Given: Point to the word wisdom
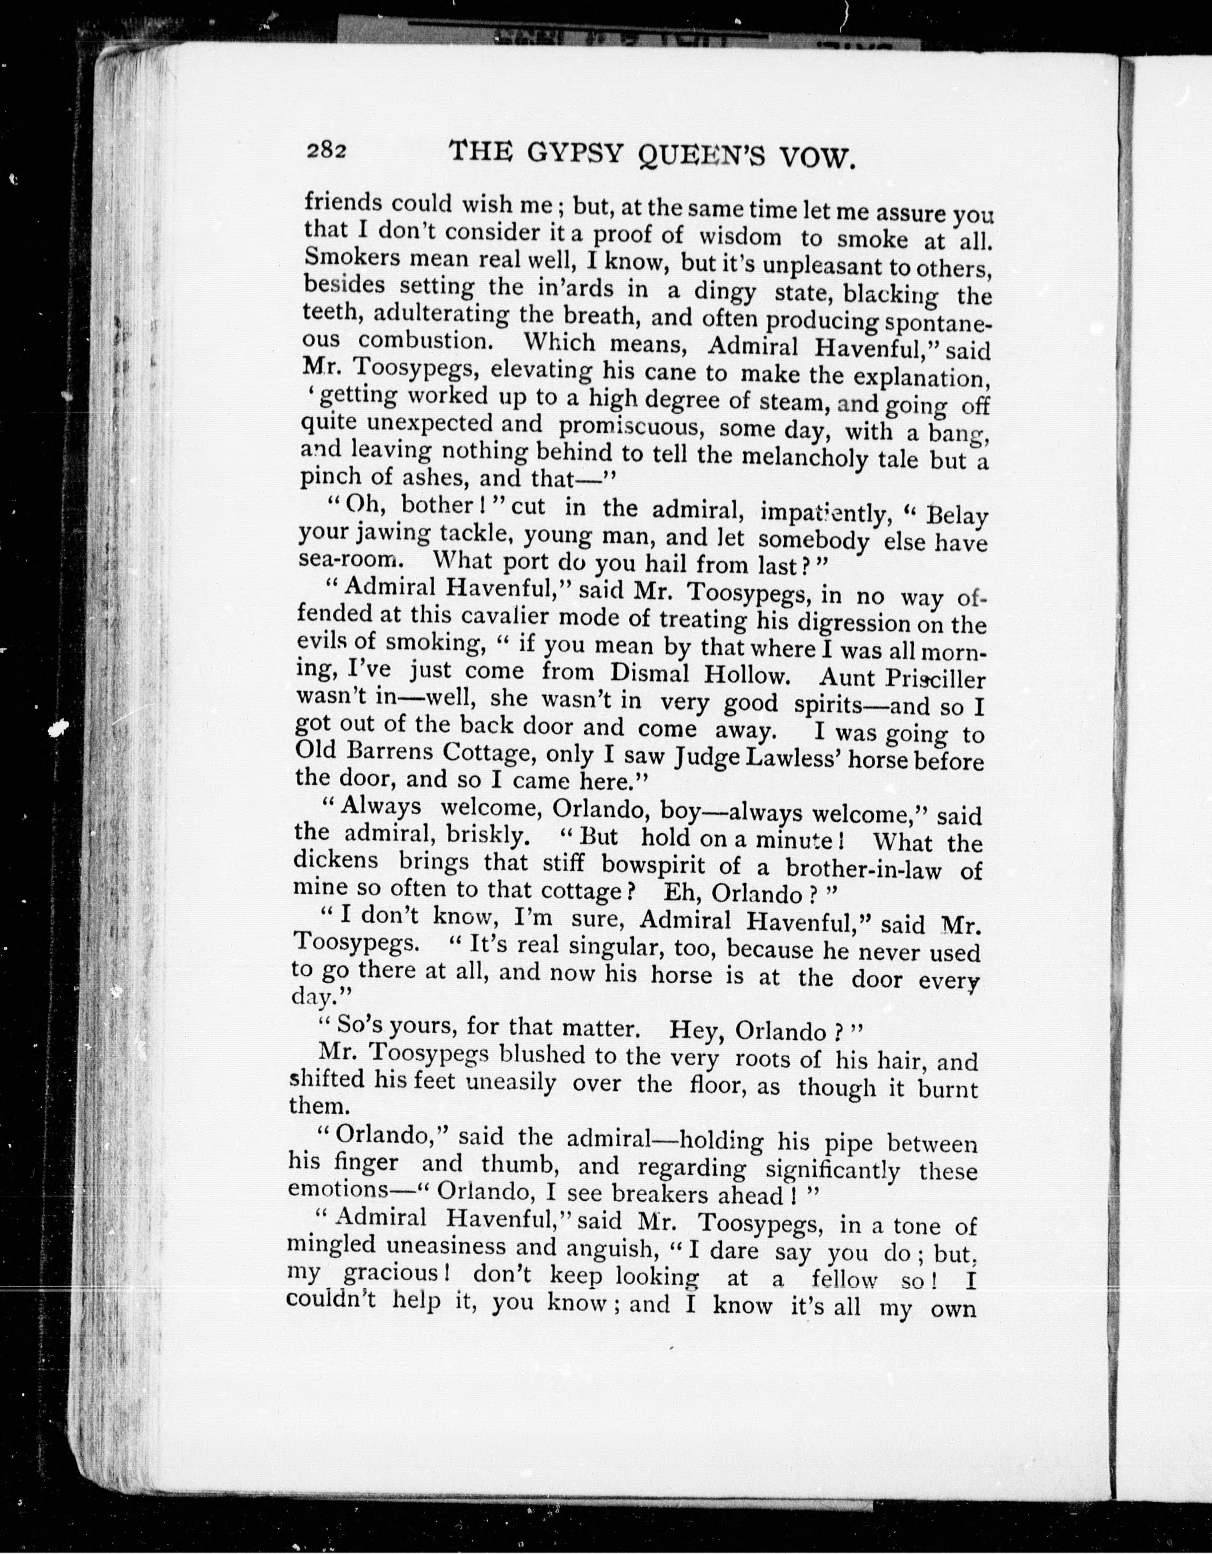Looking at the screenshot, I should point(741,237).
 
